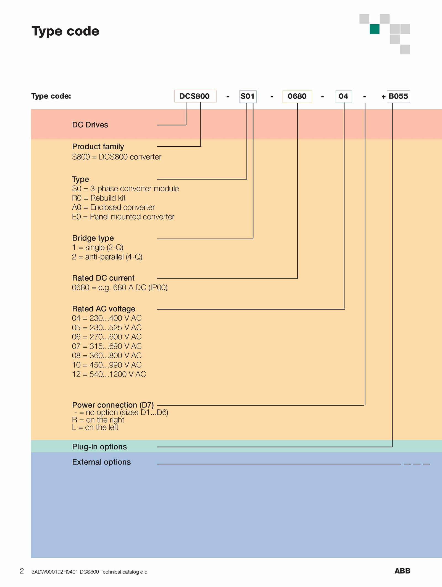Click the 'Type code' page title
click(65, 31)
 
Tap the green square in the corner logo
click(374, 29)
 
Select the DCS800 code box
click(195, 96)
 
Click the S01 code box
click(248, 96)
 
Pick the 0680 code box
click(297, 96)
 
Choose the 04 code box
click(344, 96)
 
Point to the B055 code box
click(398, 96)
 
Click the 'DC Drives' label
click(90, 125)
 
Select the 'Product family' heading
click(98, 147)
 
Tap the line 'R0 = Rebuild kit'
click(99, 198)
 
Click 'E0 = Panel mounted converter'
click(123, 217)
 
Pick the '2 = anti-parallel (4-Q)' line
click(107, 257)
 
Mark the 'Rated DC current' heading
click(103, 278)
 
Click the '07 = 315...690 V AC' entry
click(107, 346)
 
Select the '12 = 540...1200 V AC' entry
click(109, 374)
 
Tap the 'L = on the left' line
click(95, 427)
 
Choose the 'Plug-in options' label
click(99, 447)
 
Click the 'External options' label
click(101, 462)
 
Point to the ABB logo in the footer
click(402, 571)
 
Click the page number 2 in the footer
click(22, 571)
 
